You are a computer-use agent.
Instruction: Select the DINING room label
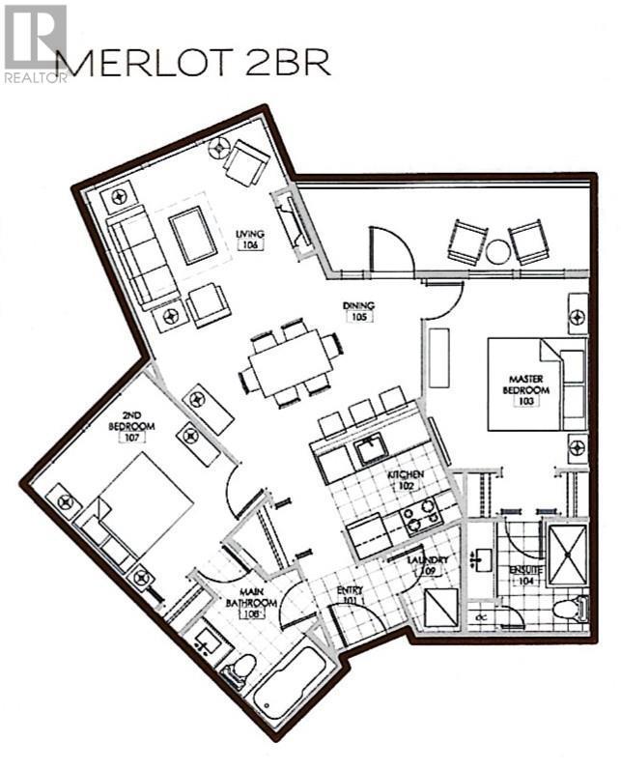point(358,311)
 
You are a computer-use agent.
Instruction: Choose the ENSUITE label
point(526,576)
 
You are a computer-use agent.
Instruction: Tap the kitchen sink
point(367,448)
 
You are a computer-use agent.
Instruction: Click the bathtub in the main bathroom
point(291,681)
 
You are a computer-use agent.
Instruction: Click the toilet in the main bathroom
point(240,670)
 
